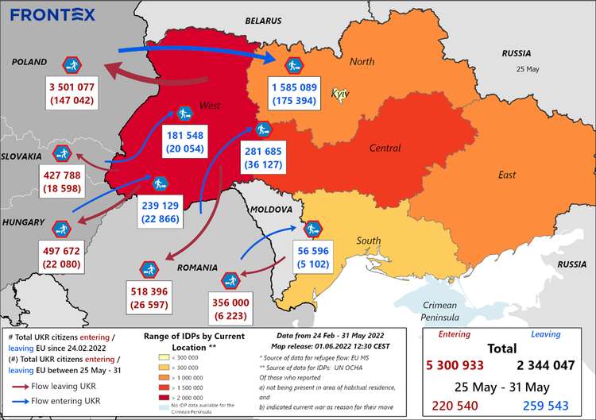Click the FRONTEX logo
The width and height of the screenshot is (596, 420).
pos(53,14)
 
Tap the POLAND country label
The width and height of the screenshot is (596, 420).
pos(29,62)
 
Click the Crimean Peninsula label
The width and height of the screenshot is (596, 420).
pos(439,311)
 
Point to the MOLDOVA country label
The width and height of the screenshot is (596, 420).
pos(272,210)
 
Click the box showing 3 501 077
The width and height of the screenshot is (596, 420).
pos(72,94)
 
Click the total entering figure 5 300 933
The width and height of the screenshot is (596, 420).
pos(459,365)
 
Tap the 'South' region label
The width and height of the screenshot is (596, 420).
pos(368,241)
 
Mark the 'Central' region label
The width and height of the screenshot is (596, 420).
pos(385,148)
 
